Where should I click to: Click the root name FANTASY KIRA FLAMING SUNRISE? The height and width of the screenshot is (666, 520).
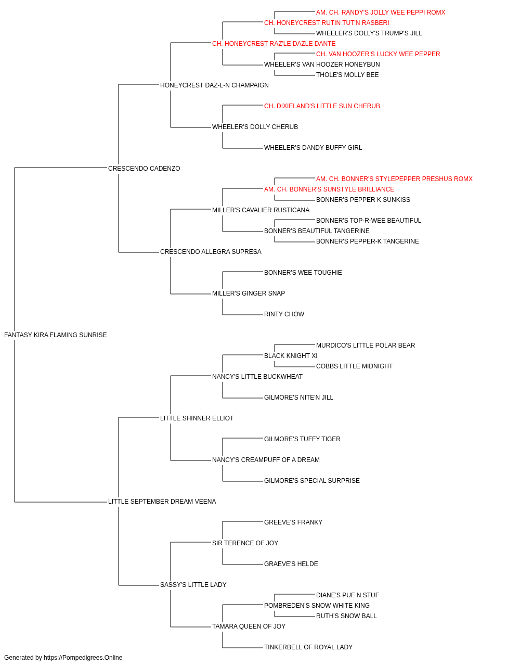56,335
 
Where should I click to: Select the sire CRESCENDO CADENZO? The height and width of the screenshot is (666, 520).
144,168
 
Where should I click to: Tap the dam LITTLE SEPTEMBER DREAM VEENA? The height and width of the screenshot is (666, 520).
162,502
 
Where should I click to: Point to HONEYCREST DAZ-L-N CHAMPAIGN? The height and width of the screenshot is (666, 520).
214,85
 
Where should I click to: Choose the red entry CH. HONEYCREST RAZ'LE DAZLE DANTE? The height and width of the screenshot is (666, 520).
274,44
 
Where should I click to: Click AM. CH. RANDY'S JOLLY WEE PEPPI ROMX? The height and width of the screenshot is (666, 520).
381,12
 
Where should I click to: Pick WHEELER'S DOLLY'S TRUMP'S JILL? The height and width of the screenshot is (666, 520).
369,33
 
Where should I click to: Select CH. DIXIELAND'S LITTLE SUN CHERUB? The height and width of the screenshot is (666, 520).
322,106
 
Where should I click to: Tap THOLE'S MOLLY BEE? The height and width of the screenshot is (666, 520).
347,75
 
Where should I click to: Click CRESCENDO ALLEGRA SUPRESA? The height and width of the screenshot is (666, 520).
211,252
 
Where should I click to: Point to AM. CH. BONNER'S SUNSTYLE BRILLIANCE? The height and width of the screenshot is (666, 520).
329,189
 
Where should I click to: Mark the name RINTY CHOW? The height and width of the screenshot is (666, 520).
284,314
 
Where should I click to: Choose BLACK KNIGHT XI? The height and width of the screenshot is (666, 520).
291,356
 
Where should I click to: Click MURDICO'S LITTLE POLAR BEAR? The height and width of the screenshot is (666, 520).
366,345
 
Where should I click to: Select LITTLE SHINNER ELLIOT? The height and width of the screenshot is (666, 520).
197,418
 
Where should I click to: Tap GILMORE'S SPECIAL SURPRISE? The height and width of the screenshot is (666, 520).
312,481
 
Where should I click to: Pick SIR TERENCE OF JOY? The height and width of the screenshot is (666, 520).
245,543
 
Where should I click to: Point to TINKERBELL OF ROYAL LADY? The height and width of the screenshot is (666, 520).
308,647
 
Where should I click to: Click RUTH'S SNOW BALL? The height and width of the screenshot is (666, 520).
346,616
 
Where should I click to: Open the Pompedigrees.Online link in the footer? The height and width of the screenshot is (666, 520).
83,658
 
